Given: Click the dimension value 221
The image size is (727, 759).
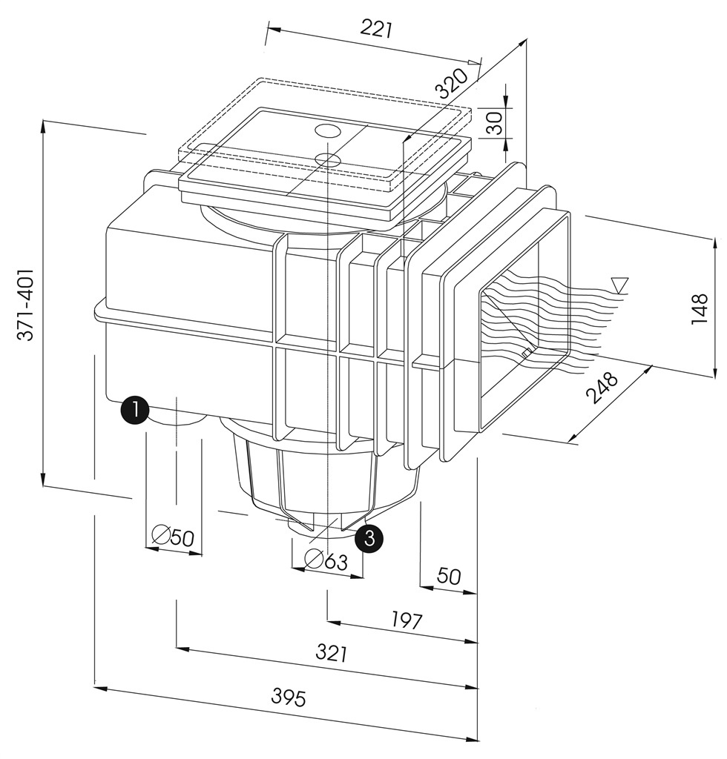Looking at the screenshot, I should coord(376,29).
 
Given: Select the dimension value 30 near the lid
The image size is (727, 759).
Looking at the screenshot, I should coord(494,122).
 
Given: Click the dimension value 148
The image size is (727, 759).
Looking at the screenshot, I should coord(700,308).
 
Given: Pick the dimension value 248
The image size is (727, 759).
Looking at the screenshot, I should coord(602,387).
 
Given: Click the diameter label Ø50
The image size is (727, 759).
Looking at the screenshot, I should coord(173,536).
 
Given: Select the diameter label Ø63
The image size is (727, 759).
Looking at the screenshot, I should coord(326,561).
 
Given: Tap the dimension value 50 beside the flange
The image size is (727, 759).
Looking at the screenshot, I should coord(448,576).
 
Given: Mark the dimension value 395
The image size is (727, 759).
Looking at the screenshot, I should coord(288,697).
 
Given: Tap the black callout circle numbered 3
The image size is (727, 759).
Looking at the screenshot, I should coord(369,537).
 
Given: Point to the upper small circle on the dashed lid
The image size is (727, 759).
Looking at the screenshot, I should coord(327,131).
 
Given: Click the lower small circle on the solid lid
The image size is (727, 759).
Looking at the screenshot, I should coord(327,158).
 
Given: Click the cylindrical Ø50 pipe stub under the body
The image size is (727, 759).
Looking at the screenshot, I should coord(175,420).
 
